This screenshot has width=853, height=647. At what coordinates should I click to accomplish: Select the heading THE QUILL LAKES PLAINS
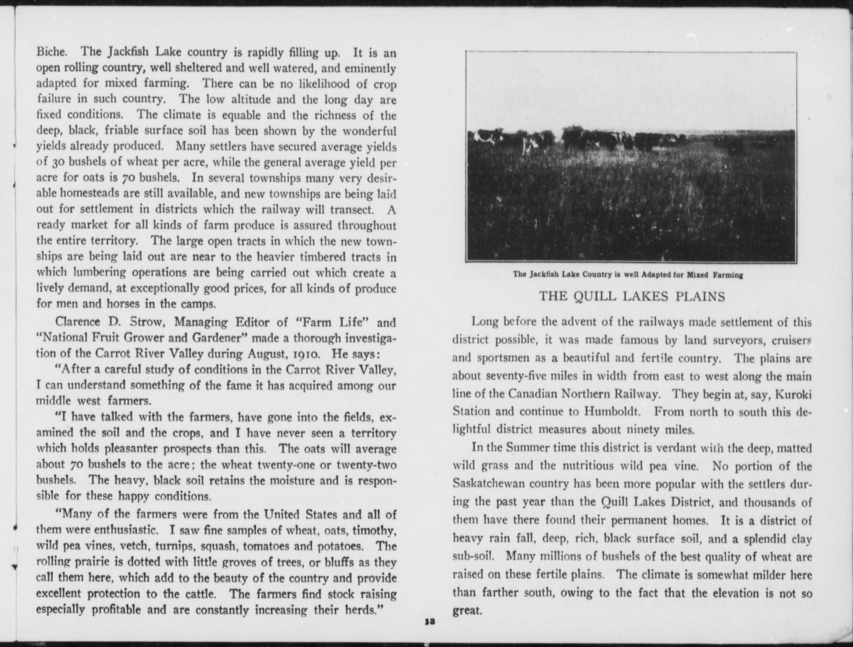[632, 297]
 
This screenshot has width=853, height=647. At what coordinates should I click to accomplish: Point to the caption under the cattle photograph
[628, 275]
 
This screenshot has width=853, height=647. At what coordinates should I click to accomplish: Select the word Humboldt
[614, 412]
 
